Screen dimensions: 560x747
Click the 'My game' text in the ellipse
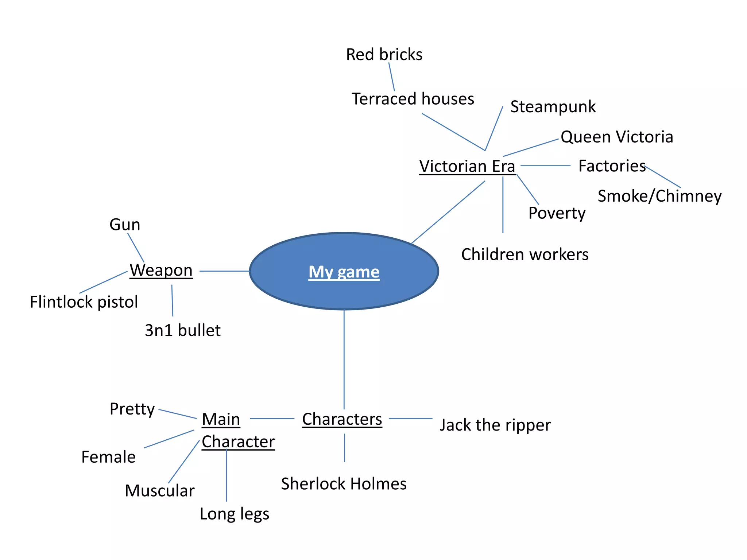click(x=344, y=272)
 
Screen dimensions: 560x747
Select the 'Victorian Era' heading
click(x=467, y=166)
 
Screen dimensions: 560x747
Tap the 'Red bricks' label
click(x=384, y=55)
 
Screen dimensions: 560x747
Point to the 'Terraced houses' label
click(x=413, y=99)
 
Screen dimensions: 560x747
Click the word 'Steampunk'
click(x=553, y=107)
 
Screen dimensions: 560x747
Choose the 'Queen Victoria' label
click(x=616, y=137)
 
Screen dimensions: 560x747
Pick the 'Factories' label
click(x=612, y=166)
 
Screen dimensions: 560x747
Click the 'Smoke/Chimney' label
click(x=659, y=196)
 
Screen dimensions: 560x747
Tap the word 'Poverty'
click(x=557, y=213)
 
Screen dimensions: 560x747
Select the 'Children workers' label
click(x=525, y=254)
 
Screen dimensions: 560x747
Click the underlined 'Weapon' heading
click(x=161, y=271)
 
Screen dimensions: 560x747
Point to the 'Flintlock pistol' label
click(x=84, y=302)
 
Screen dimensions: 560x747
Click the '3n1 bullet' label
click(x=182, y=330)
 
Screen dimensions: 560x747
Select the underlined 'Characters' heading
click(x=342, y=419)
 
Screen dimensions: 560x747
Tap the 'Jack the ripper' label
click(x=495, y=425)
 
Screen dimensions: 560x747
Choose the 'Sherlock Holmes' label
click(x=344, y=484)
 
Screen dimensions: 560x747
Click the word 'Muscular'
click(x=159, y=491)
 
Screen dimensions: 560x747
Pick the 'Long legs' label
click(x=234, y=514)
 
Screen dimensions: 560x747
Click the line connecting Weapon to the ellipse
click(x=224, y=271)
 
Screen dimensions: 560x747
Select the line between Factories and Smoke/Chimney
click(x=662, y=177)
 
